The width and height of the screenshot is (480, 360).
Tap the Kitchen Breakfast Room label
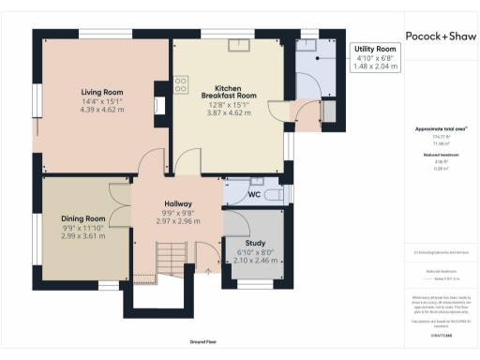229,90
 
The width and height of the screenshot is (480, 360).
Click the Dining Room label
83,217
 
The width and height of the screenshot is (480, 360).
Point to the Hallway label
178,203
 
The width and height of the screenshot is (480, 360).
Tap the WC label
253,195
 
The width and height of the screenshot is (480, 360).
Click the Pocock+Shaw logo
439,36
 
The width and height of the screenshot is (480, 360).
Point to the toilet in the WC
273,195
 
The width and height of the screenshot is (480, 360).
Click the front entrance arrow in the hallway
208,272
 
